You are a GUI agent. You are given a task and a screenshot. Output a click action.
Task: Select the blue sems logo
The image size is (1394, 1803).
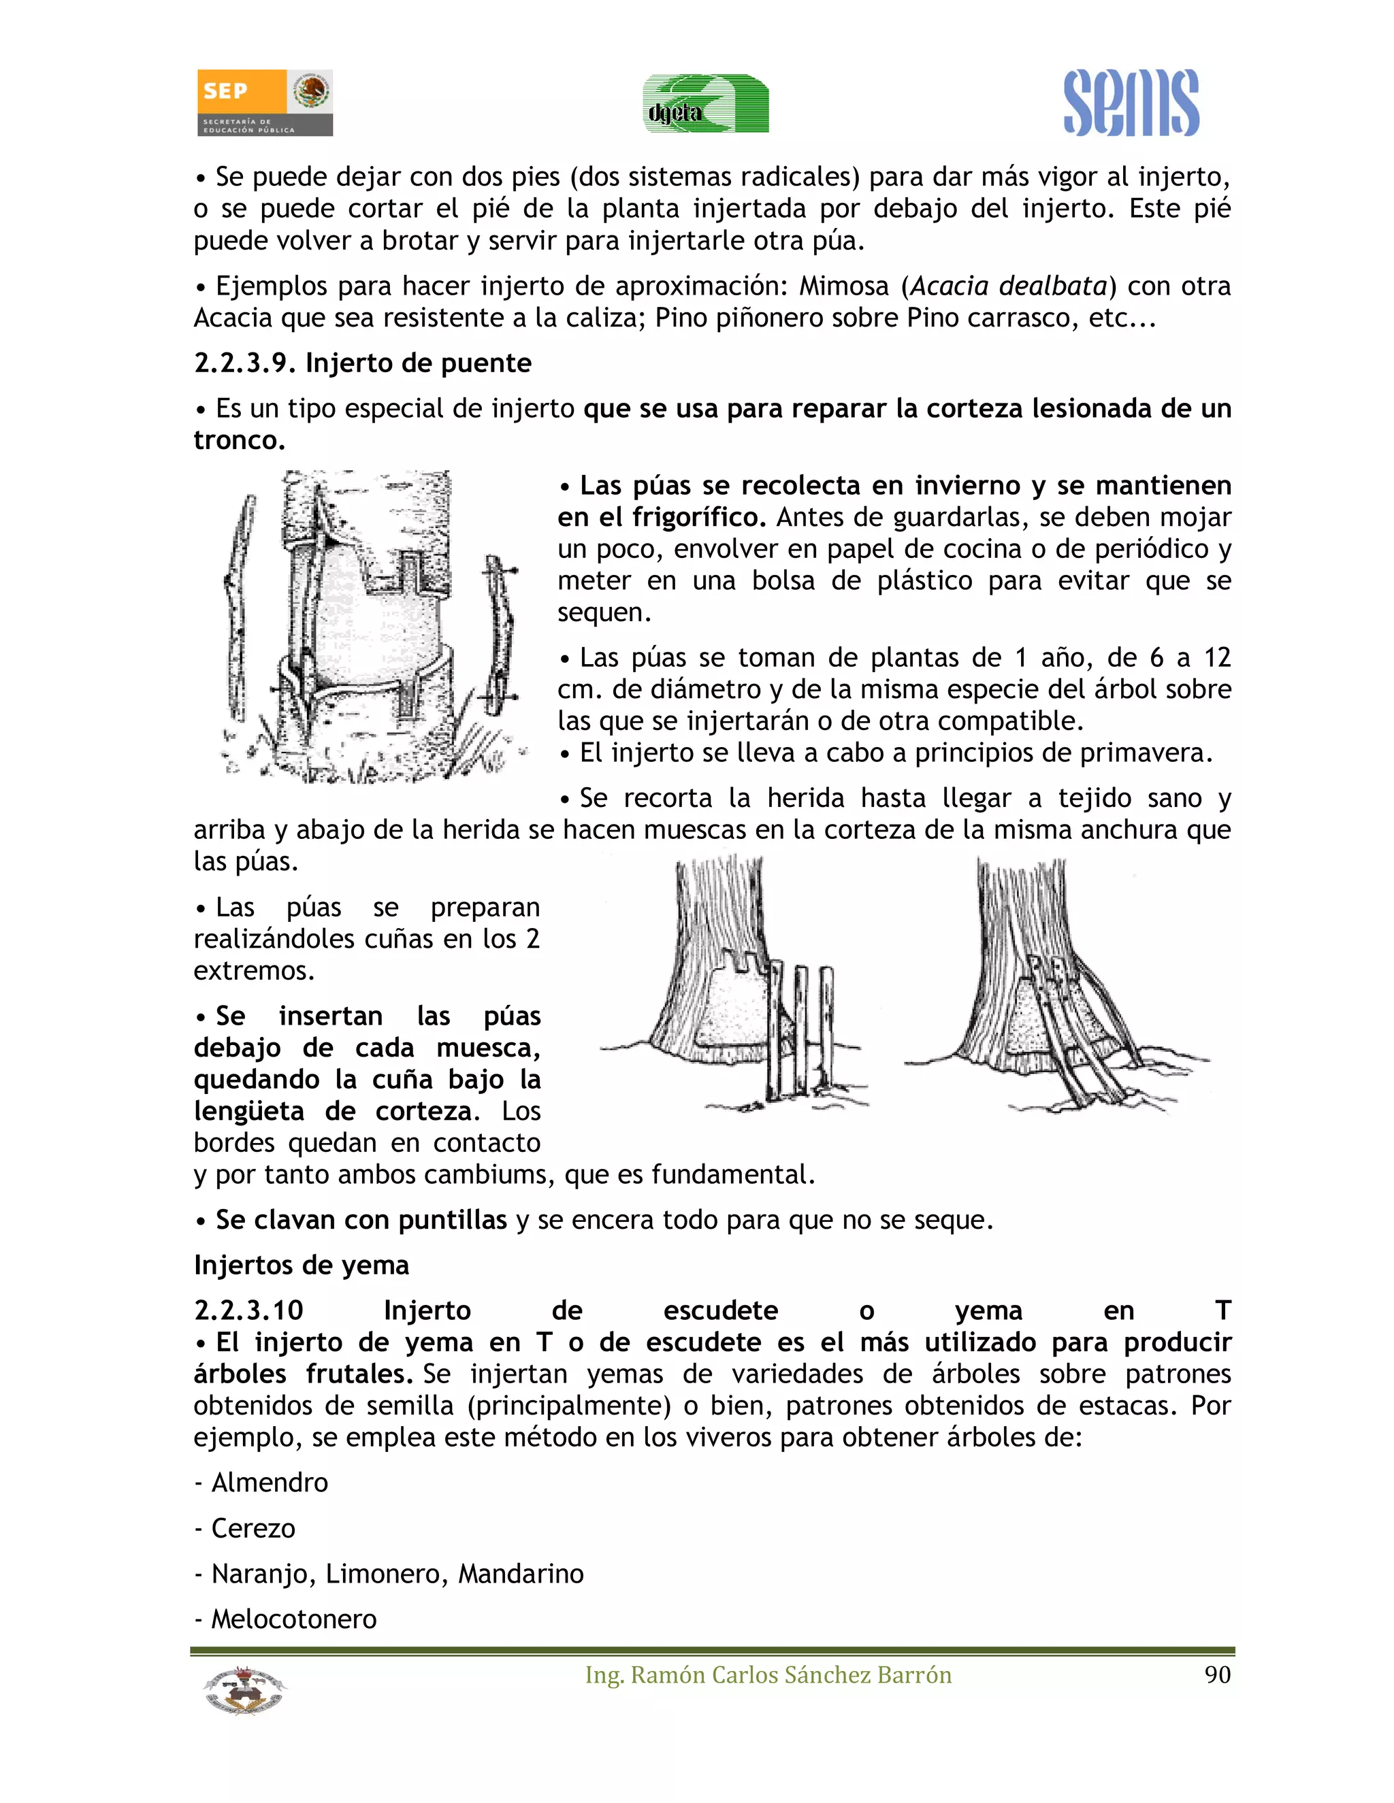point(1131,103)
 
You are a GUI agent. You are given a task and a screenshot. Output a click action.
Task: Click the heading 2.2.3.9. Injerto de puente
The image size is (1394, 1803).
point(363,363)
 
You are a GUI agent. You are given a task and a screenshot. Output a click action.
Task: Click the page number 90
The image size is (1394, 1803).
point(1217,1674)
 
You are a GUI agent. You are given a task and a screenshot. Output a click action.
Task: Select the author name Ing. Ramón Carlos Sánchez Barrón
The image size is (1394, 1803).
point(768,1674)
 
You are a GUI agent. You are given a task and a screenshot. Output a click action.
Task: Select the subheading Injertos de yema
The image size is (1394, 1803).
point(302,1266)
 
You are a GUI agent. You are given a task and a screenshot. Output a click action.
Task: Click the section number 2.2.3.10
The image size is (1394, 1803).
point(248,1311)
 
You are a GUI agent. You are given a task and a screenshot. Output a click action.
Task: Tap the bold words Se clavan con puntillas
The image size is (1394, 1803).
point(361,1220)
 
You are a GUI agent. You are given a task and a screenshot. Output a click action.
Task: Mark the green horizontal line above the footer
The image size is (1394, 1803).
point(712,1651)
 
